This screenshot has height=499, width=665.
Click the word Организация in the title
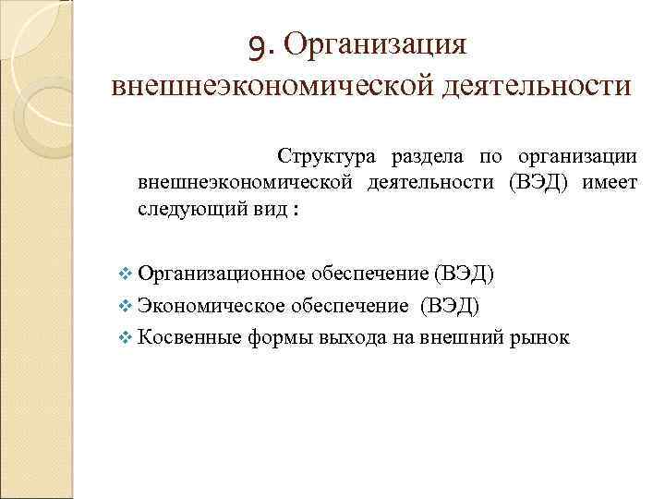(x=378, y=43)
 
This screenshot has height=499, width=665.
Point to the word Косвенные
(x=189, y=336)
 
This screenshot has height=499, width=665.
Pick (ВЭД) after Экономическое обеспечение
(x=449, y=305)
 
